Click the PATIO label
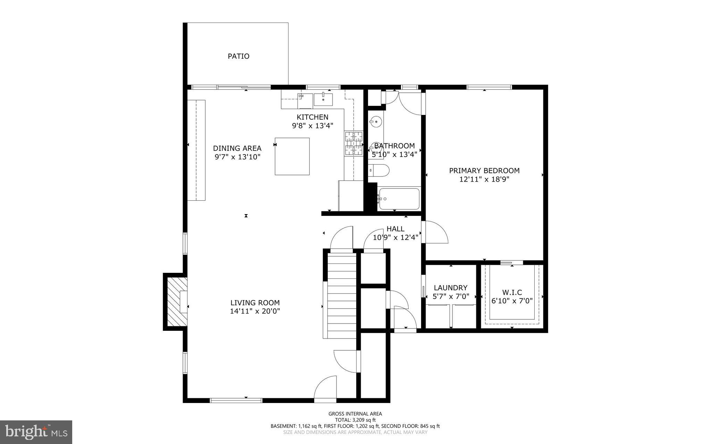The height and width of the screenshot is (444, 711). coord(238,56)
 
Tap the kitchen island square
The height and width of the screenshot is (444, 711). coord(292,156)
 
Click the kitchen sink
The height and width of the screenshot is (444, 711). coord(323,100)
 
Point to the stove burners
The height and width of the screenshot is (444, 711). coord(353,143)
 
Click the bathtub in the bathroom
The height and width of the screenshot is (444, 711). coord(399,199)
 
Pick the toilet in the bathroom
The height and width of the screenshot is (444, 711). coord(379,170)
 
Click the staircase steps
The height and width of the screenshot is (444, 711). coord(342,295)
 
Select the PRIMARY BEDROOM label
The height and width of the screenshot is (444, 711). coord(484,171)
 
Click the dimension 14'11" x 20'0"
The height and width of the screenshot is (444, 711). coord(255,311)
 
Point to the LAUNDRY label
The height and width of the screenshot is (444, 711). coord(450,288)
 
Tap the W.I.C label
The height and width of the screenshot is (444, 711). coord(512,293)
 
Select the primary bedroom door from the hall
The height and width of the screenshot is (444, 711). coord(436,232)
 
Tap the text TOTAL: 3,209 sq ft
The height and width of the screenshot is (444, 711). coord(355,420)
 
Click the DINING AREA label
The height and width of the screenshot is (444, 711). coord(237,149)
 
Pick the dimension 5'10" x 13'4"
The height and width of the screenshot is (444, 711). coord(394,154)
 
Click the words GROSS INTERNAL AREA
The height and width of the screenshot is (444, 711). coord(355,414)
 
